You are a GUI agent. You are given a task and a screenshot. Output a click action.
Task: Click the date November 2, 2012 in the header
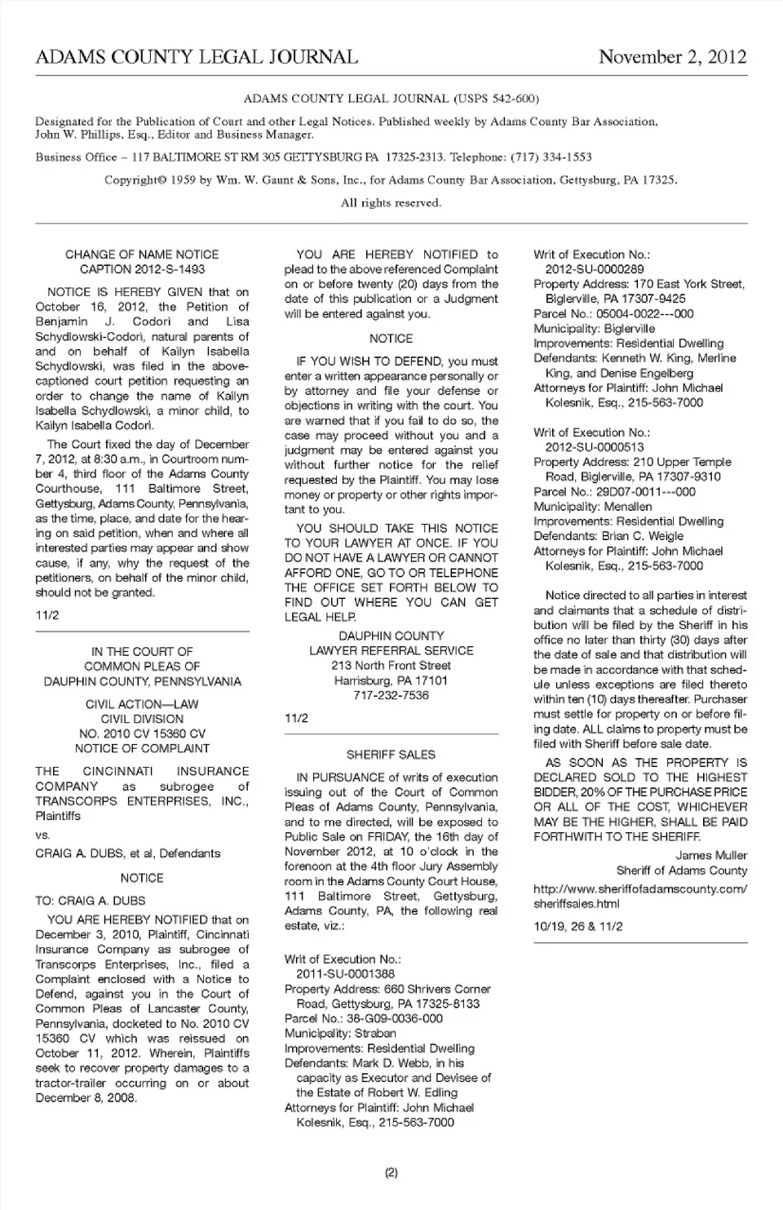(x=672, y=57)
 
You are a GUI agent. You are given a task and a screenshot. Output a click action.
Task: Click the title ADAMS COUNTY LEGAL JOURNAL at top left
(x=197, y=57)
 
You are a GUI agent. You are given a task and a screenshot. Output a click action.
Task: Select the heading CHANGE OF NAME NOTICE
(x=142, y=255)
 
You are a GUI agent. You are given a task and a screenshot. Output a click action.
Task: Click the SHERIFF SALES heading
(x=391, y=755)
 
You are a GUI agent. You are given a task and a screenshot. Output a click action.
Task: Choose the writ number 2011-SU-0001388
(x=345, y=974)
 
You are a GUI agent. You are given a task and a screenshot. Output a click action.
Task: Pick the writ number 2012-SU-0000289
(x=595, y=269)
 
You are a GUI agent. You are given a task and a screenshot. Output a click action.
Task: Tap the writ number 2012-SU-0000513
(x=595, y=447)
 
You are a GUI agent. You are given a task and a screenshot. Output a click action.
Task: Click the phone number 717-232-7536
(x=391, y=695)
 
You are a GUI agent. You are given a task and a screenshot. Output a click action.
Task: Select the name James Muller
(x=711, y=855)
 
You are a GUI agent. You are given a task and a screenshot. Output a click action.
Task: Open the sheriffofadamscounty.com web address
(x=639, y=896)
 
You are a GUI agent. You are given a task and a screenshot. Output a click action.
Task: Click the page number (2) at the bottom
(x=391, y=1173)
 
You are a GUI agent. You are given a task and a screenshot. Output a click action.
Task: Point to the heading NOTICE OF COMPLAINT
(x=142, y=748)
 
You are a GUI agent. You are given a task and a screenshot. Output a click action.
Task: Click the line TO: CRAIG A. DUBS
(x=91, y=901)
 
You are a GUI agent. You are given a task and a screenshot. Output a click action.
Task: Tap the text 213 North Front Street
(x=391, y=666)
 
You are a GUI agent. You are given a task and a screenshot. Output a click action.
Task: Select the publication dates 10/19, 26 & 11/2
(x=578, y=926)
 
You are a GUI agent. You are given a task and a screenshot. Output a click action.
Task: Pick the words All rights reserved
(x=391, y=203)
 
